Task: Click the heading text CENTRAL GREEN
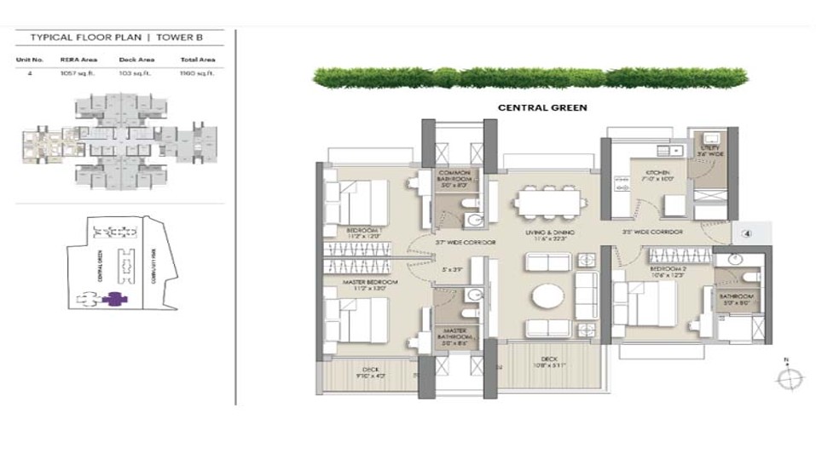click(542, 108)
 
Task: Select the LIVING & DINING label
click(548, 232)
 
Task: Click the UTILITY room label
click(711, 149)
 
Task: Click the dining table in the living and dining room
click(550, 203)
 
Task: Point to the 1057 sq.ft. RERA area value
click(73, 74)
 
